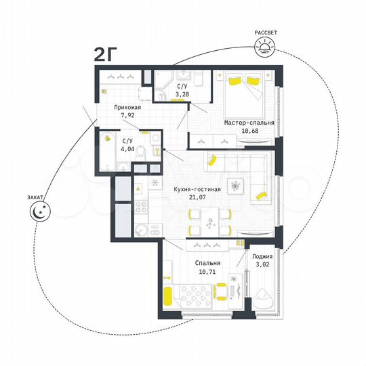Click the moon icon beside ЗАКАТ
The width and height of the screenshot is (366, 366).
(38, 212)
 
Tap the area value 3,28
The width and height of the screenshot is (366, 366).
(182, 95)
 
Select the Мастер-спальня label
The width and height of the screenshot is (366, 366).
(249, 123)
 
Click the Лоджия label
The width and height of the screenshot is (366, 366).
(262, 257)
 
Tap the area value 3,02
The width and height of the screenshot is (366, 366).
(262, 265)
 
